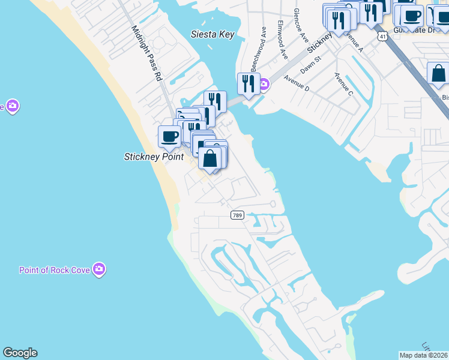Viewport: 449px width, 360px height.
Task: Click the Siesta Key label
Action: coord(212,34)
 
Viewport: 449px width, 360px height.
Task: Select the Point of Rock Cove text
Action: coord(55,270)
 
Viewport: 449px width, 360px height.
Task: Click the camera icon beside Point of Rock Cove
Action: coord(100,269)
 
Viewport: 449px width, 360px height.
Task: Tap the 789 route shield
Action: coord(238,215)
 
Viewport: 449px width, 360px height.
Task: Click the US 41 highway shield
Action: coord(382,37)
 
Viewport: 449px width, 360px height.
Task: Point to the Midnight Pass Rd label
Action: coord(146,53)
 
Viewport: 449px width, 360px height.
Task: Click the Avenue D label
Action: coord(297,83)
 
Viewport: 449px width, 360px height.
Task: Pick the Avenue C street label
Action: coord(343,83)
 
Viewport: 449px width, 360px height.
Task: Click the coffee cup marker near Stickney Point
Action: coord(169,136)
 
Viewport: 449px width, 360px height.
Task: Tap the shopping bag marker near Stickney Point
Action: coord(209,159)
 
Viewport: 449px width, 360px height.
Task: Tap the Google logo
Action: coord(20,353)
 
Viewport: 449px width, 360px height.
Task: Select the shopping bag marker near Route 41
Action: coord(438,74)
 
